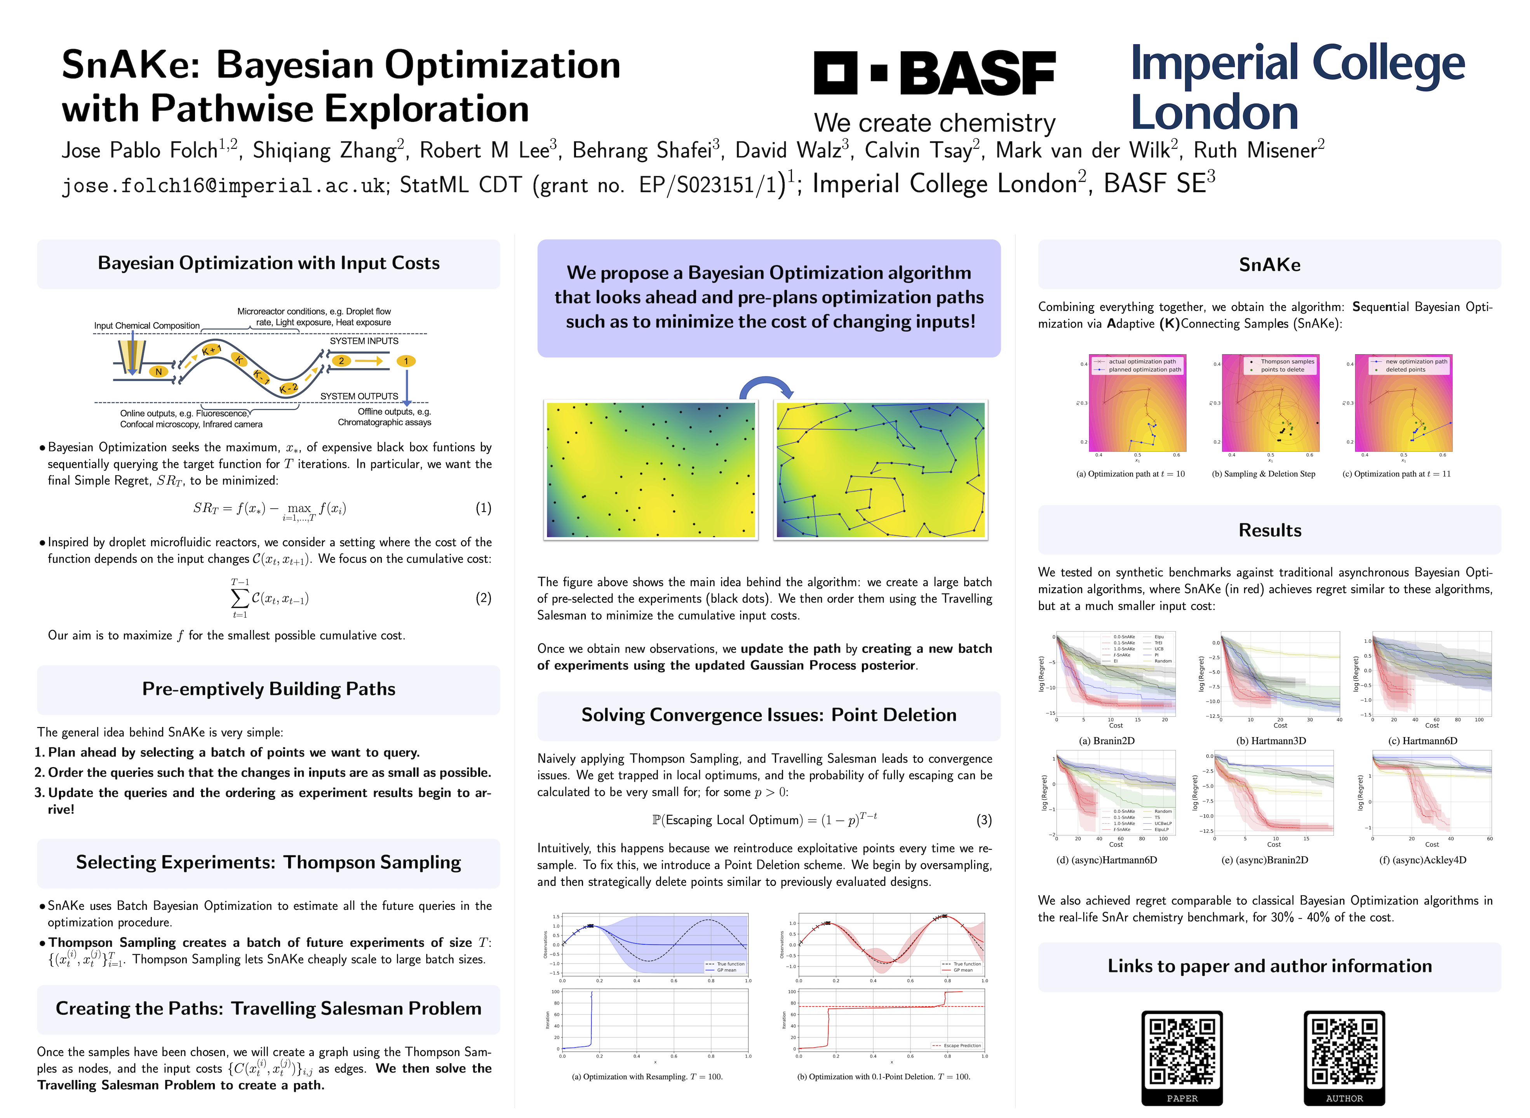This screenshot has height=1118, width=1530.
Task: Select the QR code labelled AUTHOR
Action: pos(1344,1051)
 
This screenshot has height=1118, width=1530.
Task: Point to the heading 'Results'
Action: pos(1269,531)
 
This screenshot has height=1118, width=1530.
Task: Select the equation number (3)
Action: pos(983,820)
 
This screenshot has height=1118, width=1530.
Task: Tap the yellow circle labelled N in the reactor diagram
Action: pos(158,372)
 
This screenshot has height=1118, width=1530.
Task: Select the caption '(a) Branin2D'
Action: pos(1106,741)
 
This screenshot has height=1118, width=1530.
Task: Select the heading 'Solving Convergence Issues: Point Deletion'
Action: pos(768,715)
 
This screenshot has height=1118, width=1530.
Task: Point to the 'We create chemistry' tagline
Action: pos(934,123)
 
